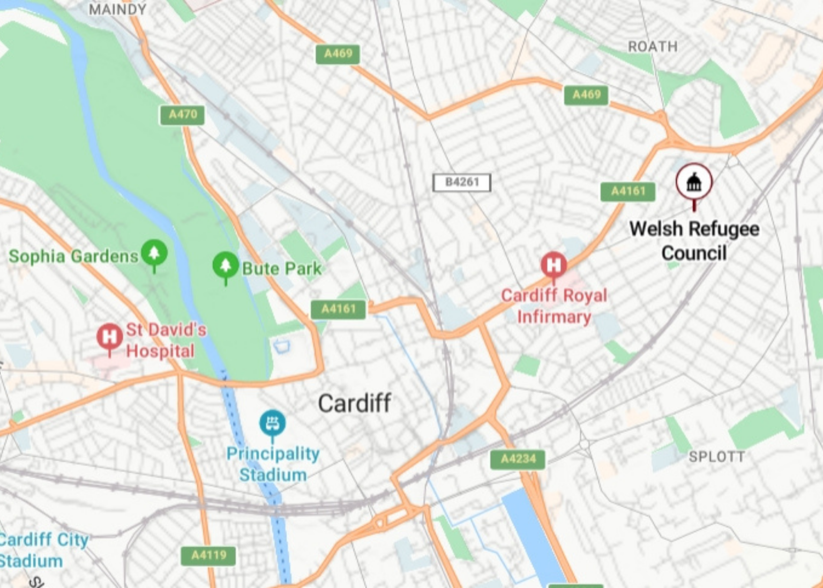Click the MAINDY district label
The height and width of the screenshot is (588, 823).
coord(117,9)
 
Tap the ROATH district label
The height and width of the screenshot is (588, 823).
coord(653,47)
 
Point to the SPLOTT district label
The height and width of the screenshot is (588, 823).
coord(716,457)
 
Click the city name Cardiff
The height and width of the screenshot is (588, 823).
coord(355,403)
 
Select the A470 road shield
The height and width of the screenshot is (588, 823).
coord(182,115)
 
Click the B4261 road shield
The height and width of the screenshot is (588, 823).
coord(461,182)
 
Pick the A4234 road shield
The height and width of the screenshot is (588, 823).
coord(518,459)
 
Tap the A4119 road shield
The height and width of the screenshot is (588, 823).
coord(208,555)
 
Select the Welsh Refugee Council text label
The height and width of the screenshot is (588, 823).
coord(694,241)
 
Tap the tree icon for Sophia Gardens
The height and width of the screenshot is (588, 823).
coord(154,252)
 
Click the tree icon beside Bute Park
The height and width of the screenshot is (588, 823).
coord(226,265)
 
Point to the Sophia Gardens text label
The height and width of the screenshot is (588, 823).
coord(73,256)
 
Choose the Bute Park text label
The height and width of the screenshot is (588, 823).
coord(282,269)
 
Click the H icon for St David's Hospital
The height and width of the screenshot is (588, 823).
coord(109,337)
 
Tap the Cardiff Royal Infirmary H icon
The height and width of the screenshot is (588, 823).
coord(553,265)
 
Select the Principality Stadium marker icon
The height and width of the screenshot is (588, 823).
coord(273,423)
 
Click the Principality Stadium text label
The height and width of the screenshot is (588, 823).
coord(273,464)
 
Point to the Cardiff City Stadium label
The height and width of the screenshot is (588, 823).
coord(38,550)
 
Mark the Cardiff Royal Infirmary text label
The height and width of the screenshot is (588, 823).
coord(554,306)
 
